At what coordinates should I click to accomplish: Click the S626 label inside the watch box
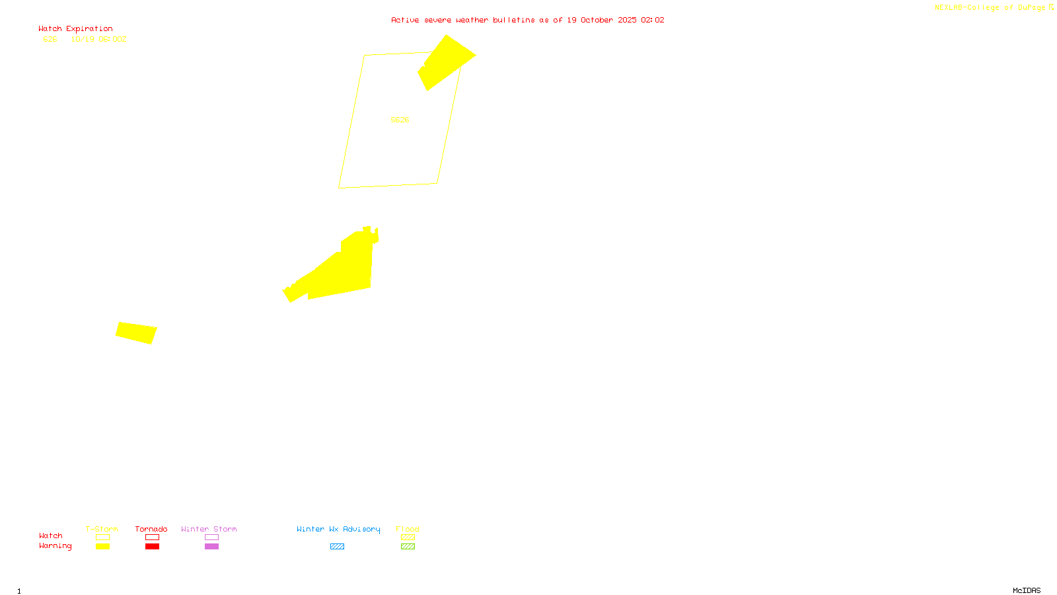click(x=400, y=120)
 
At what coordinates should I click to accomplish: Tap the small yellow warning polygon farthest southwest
click(x=136, y=333)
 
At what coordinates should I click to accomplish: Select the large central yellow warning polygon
click(x=344, y=271)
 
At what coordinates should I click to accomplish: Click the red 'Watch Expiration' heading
click(x=75, y=29)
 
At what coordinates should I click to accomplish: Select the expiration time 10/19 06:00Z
click(x=98, y=40)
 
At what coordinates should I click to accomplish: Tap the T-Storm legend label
click(x=102, y=529)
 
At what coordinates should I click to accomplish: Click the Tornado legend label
click(x=151, y=529)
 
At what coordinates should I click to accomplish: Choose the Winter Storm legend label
click(x=209, y=529)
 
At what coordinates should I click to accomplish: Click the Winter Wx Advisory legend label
click(x=338, y=529)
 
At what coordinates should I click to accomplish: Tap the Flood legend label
click(x=408, y=529)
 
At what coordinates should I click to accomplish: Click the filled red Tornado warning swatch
click(x=152, y=547)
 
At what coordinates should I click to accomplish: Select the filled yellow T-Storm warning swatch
click(x=102, y=547)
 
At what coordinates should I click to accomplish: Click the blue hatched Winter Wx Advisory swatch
click(x=337, y=547)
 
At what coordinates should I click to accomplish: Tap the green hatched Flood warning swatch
click(x=408, y=547)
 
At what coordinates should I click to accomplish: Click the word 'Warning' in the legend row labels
click(x=55, y=546)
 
